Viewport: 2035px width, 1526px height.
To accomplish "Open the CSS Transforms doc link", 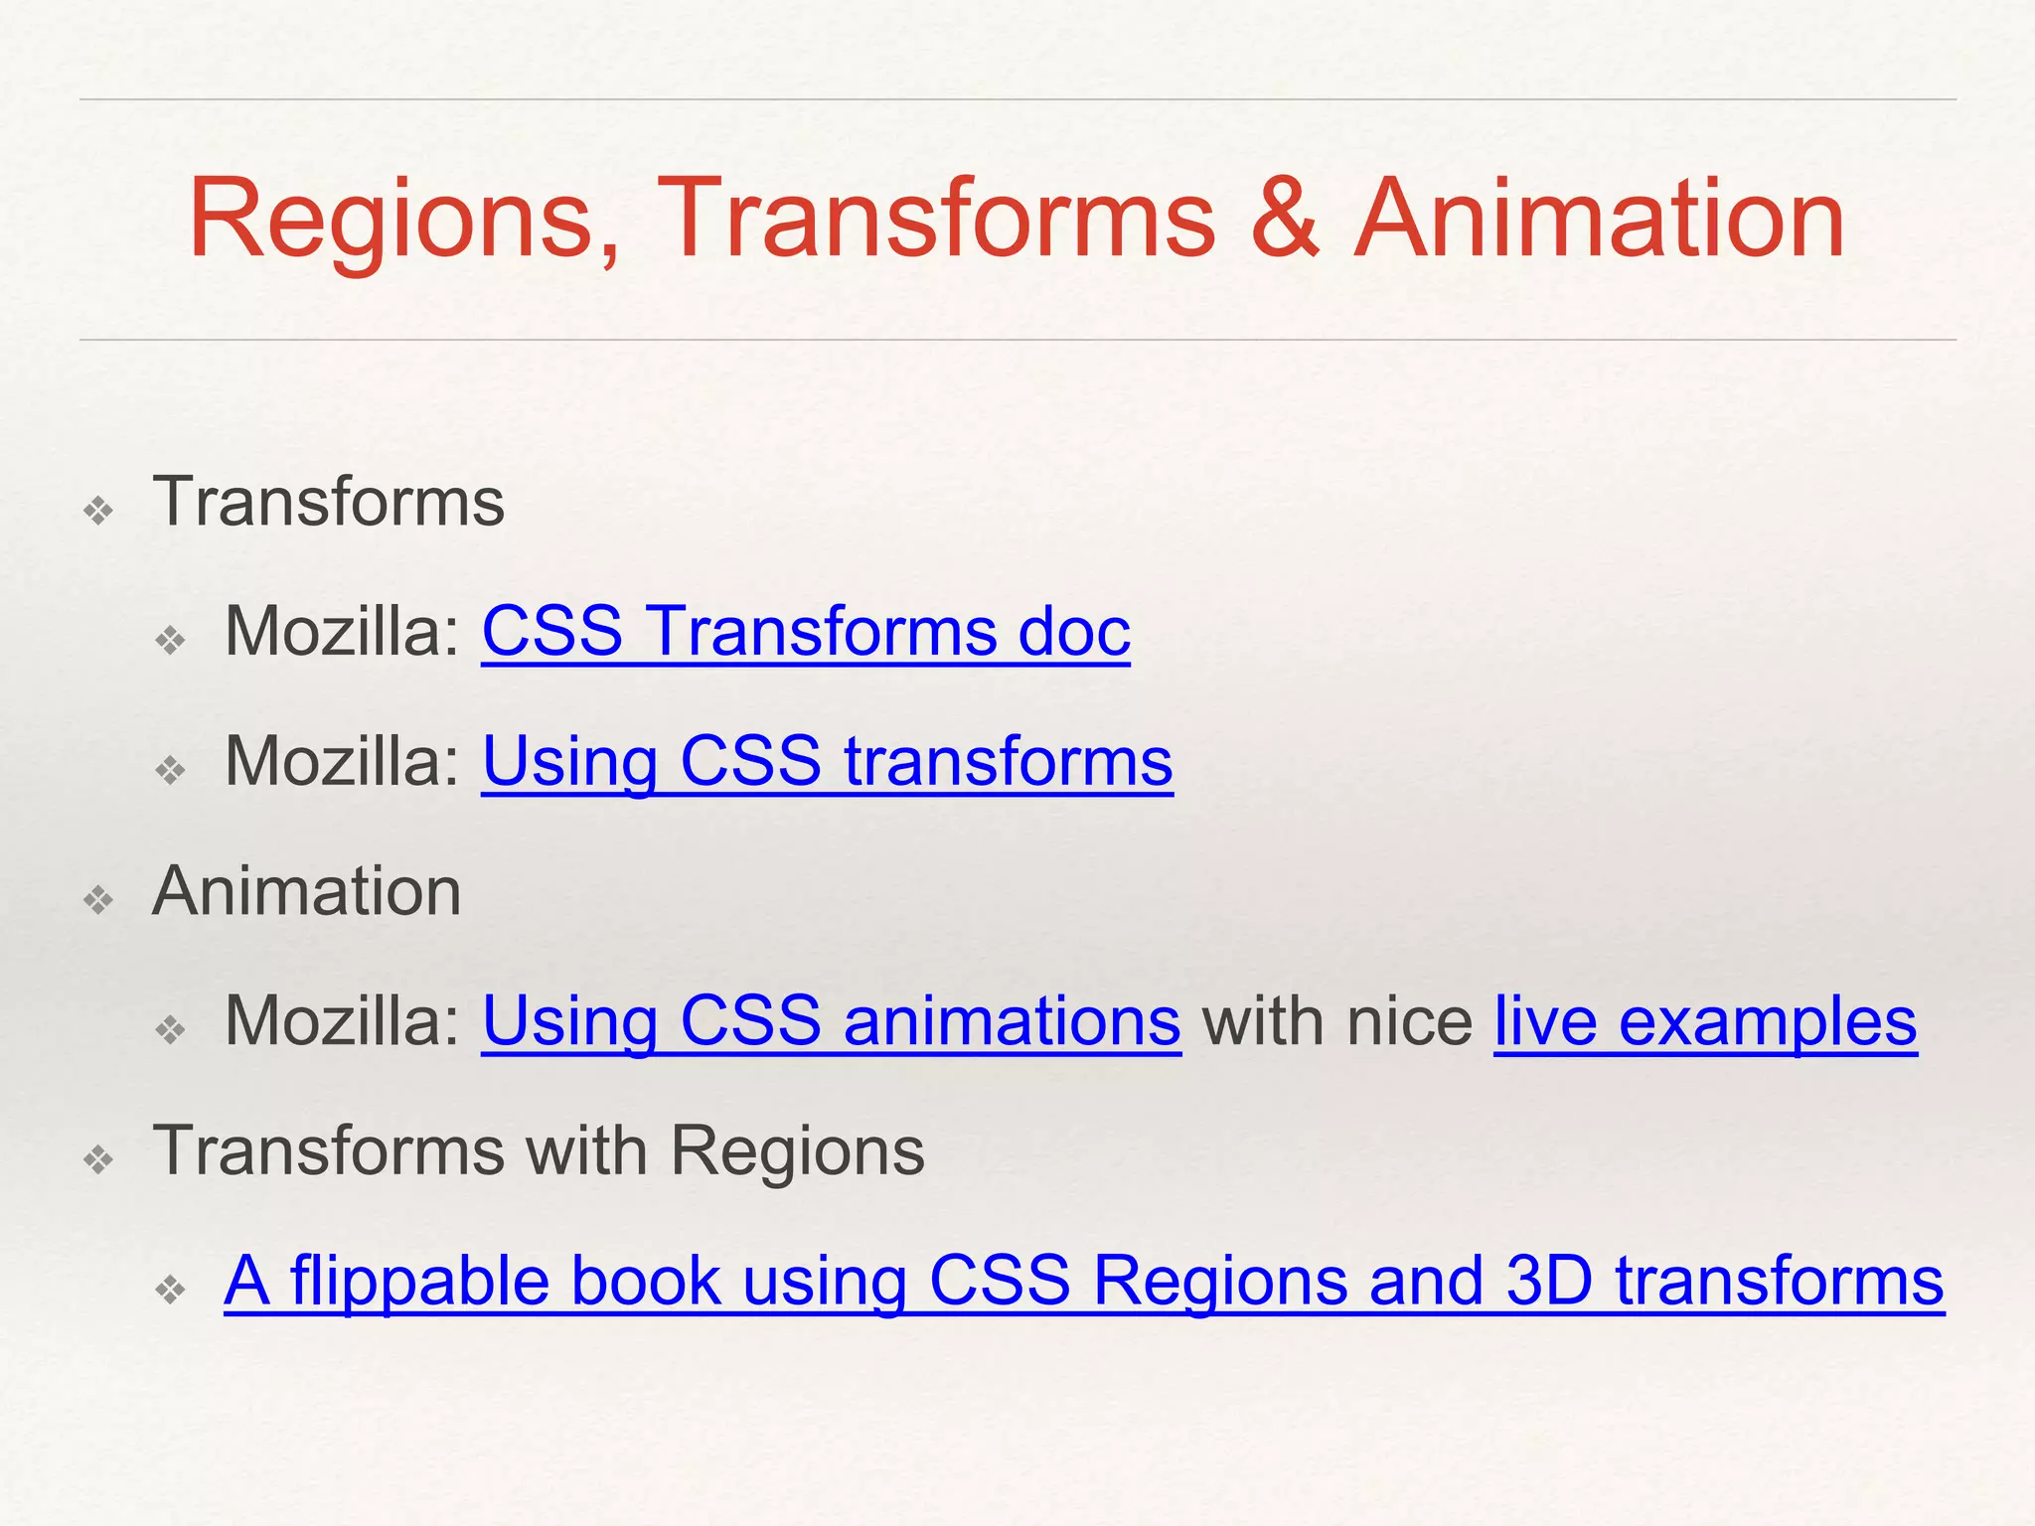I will (x=806, y=632).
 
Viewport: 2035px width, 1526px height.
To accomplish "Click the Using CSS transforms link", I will (x=827, y=762).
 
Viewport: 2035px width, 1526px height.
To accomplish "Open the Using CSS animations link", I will (x=832, y=1021).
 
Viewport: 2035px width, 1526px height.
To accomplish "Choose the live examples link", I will (x=1705, y=1021).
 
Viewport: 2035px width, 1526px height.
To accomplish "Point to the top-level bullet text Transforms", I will (x=329, y=502).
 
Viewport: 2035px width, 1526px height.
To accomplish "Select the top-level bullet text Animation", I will (x=307, y=891).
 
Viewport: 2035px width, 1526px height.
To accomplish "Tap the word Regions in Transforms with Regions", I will (x=797, y=1150).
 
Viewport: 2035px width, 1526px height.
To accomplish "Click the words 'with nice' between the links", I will (x=1337, y=1021).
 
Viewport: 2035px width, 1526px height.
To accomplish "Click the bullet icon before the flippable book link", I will (x=171, y=1290).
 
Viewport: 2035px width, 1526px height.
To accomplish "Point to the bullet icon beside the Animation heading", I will (x=99, y=900).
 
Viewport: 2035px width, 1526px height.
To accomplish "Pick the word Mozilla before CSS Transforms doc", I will (x=342, y=632).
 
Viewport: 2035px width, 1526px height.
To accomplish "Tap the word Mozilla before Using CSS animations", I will (x=342, y=1021).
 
